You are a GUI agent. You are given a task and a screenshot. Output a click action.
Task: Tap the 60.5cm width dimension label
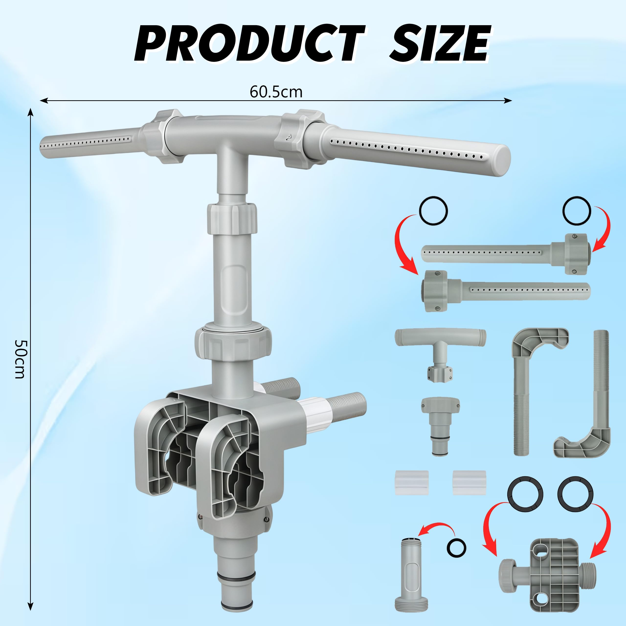[276, 92]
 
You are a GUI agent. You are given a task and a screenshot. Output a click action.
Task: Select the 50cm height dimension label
[20, 359]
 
